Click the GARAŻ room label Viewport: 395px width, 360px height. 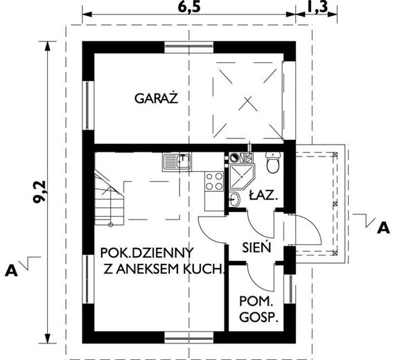click(156, 99)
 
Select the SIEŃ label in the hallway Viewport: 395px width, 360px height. click(256, 246)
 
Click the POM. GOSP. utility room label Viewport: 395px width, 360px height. click(258, 310)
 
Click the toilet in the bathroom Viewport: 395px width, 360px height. click(272, 165)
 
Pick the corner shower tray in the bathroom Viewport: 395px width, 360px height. click(243, 173)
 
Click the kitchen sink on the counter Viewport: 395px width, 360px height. click(178, 163)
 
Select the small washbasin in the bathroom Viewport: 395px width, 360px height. click(235, 200)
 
